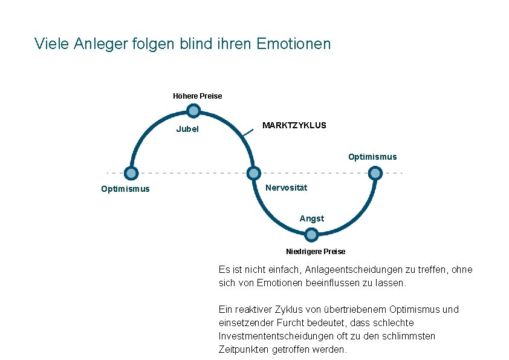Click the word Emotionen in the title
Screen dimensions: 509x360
pos(294,44)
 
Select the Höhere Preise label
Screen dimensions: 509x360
pos(197,96)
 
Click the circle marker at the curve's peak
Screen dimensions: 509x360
pos(193,111)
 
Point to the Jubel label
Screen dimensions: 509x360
pos(187,129)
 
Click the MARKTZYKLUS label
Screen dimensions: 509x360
pos(294,125)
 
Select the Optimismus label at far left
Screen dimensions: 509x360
pos(125,189)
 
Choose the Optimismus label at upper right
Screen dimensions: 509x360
pos(372,157)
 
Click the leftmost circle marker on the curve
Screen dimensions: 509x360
pos(131,173)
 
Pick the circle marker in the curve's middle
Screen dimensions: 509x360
pos(254,173)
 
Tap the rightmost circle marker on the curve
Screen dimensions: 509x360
pos(375,173)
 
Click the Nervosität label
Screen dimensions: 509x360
pos(286,188)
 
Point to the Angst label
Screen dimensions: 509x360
pos(312,218)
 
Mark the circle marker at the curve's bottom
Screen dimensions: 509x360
pos(312,235)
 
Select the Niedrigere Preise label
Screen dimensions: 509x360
pos(316,252)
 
